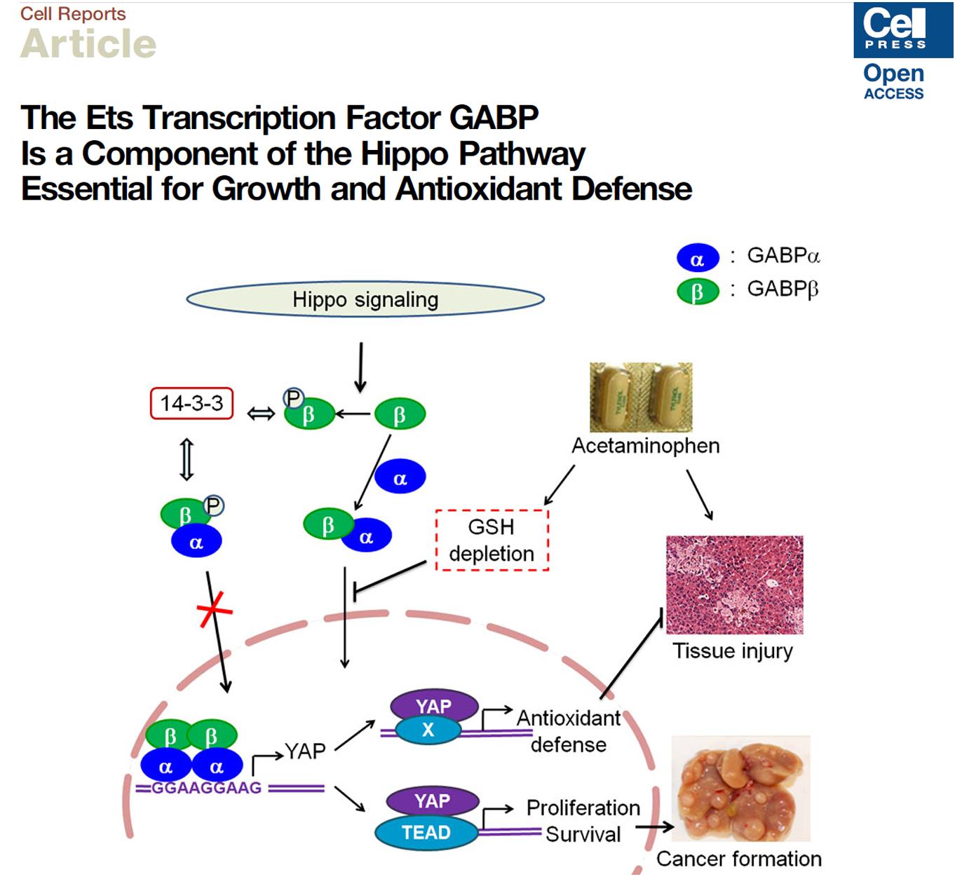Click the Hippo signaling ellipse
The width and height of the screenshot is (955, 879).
[x=365, y=299]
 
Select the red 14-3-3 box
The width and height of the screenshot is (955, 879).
[x=191, y=404]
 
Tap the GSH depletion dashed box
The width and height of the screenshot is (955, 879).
[x=492, y=540]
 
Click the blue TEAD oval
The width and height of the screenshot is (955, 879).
[x=426, y=833]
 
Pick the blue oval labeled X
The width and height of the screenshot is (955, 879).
[x=428, y=730]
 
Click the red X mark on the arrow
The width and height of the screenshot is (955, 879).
[x=214, y=608]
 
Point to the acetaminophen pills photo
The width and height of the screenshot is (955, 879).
[x=641, y=397]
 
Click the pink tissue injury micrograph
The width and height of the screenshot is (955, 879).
[x=734, y=585]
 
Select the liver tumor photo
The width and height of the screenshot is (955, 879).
[x=741, y=788]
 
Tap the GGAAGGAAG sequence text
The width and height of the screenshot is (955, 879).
[x=206, y=788]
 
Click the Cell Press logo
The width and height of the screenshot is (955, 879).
[x=902, y=30]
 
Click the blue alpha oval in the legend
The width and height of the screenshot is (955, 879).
[x=698, y=259]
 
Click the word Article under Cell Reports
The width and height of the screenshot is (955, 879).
[x=88, y=44]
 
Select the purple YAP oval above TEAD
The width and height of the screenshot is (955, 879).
[x=432, y=800]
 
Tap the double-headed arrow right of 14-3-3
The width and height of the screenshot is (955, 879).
[x=261, y=414]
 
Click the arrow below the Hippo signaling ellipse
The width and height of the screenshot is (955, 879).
[x=360, y=367]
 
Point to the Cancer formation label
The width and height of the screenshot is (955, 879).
[x=738, y=859]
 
